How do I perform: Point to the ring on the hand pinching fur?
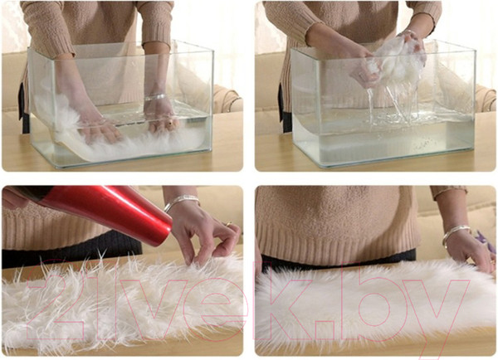click(x=228, y=224)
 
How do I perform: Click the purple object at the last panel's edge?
click(x=486, y=241)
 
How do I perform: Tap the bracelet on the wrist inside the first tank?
click(x=155, y=97)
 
